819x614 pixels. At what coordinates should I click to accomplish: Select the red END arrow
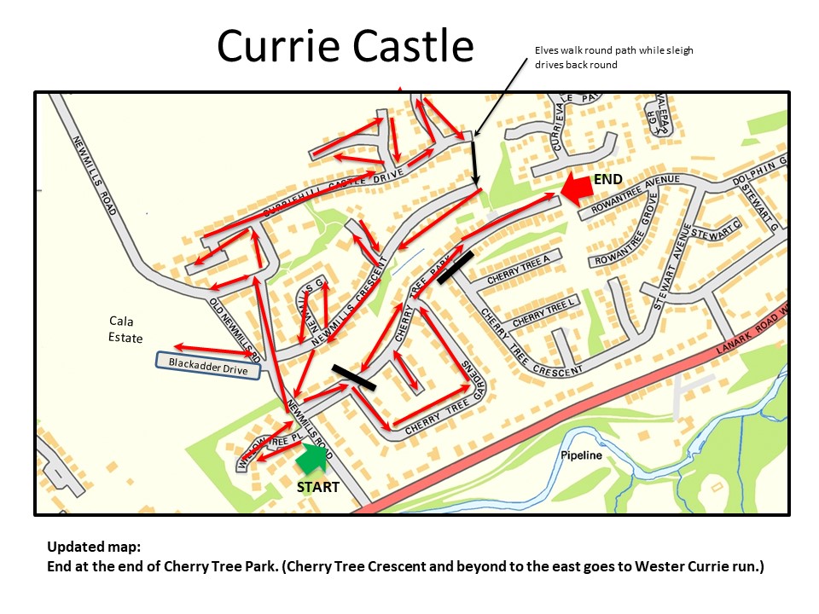click(x=578, y=187)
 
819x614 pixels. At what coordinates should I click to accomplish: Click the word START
click(x=317, y=487)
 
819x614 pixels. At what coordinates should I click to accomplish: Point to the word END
click(x=607, y=178)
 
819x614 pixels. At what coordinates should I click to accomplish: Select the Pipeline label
click(x=581, y=455)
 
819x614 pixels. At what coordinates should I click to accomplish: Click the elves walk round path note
click(x=613, y=57)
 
